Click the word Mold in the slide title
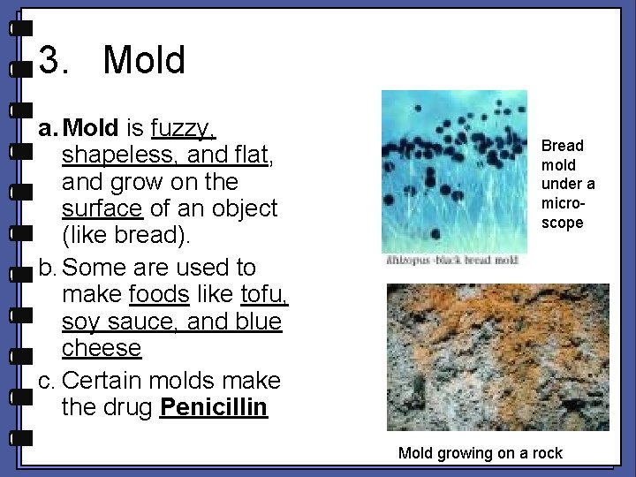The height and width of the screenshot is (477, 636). click(144, 61)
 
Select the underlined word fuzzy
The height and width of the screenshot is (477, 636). click(183, 129)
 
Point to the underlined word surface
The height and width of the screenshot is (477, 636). click(102, 208)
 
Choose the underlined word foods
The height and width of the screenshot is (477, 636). click(159, 294)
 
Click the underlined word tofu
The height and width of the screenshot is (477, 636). click(262, 294)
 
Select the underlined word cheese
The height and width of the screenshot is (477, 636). click(102, 348)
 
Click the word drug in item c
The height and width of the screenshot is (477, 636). click(125, 407)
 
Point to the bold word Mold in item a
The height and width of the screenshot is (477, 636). click(92, 129)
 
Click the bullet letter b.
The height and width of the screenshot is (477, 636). click(47, 268)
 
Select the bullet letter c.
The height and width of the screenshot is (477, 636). click(47, 381)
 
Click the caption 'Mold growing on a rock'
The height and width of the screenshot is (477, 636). click(480, 453)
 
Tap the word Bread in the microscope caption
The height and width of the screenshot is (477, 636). click(562, 146)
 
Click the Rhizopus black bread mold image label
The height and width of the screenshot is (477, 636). click(453, 261)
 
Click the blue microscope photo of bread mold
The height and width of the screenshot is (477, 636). click(453, 171)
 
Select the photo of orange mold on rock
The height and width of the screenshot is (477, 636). click(497, 357)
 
